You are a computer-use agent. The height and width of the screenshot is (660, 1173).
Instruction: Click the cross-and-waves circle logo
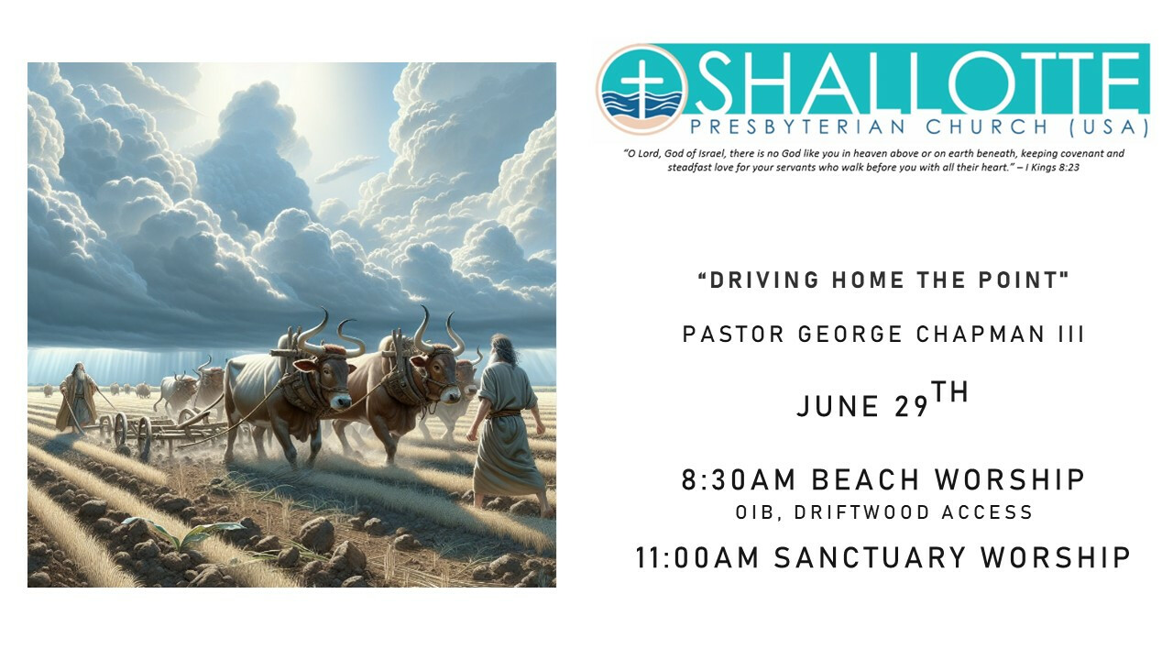point(641,89)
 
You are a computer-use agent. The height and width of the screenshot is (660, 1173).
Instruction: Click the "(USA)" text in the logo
point(1110,127)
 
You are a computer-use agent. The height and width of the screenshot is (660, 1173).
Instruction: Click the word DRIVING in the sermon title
point(764,280)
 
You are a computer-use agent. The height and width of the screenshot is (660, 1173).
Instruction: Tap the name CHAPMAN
point(981,335)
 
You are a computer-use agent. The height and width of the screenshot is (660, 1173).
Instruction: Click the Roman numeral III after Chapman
point(1071,335)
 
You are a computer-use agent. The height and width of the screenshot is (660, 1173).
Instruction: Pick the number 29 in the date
point(911,407)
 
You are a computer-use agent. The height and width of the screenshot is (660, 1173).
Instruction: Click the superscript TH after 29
point(950,392)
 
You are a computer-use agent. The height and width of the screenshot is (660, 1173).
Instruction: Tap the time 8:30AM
point(739,479)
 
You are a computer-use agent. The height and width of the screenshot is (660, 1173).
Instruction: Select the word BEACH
point(865,479)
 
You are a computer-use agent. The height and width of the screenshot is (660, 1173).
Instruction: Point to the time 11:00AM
point(697,556)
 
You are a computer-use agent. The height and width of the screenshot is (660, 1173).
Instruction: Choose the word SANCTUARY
point(870,556)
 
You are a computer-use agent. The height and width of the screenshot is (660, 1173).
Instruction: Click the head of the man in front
point(501,349)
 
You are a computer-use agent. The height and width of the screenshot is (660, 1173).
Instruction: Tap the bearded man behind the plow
point(78,398)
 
